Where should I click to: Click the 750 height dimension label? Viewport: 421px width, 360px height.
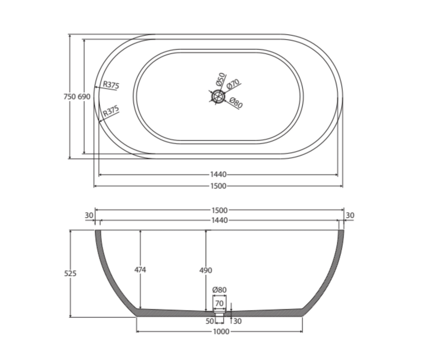pos(69,97)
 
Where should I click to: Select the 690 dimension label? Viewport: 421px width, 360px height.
pos(84,97)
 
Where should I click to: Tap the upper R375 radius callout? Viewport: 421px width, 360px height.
pos(111,85)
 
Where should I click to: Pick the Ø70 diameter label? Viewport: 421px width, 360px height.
pos(233,84)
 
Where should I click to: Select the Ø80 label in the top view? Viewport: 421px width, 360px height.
pos(236,103)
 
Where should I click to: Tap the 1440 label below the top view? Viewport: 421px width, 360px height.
pos(218,174)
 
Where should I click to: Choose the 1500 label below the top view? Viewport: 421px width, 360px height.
pos(218,186)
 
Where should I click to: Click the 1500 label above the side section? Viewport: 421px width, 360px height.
pos(219,210)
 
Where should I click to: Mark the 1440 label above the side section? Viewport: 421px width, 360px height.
pos(219,220)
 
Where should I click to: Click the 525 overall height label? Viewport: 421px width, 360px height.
pos(70,274)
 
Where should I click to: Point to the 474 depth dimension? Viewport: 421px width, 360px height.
pos(140,270)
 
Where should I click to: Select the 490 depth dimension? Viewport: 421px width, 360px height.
pos(206,270)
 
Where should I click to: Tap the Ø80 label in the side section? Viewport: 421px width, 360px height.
pos(219,290)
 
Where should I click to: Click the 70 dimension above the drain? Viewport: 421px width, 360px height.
pos(219,303)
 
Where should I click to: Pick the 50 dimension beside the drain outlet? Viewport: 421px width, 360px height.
pos(210,321)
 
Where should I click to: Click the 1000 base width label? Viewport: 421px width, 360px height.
pos(221,332)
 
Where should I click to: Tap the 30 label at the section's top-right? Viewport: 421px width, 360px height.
pos(350,215)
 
